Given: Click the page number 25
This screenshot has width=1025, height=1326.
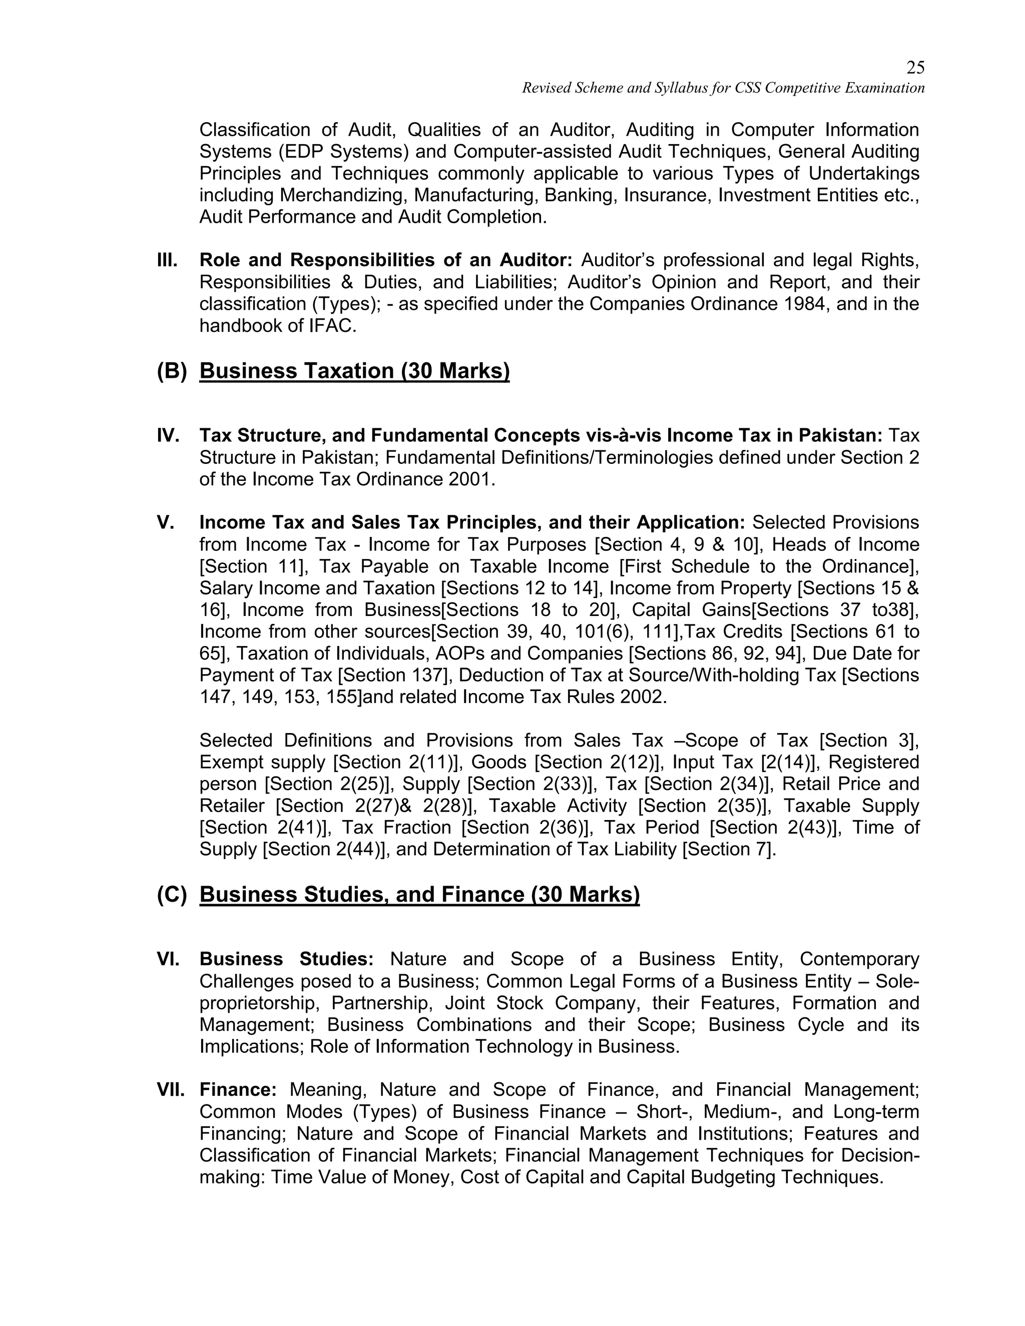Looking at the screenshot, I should [915, 68].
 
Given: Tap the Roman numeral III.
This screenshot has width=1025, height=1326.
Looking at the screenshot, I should [167, 261].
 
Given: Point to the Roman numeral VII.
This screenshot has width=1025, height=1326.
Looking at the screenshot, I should [171, 1090].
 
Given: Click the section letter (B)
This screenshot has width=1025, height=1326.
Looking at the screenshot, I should [172, 371].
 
